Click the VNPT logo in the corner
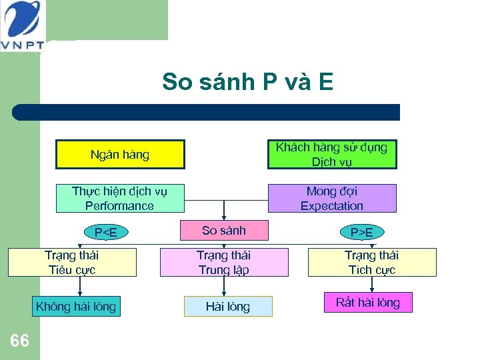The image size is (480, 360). click(21, 25)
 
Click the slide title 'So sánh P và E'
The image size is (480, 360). click(247, 82)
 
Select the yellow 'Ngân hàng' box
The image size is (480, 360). click(120, 155)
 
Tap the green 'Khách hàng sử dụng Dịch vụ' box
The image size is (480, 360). click(331, 155)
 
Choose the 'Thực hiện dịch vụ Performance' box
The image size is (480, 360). click(119, 199)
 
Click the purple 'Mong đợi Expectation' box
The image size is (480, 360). click(331, 199)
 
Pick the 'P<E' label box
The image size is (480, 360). click(105, 232)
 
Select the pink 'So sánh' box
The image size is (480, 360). click(224, 231)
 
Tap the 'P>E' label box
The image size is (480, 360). click(362, 232)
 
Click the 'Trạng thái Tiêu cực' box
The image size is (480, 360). click(72, 262)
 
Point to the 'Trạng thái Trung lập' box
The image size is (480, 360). click(224, 262)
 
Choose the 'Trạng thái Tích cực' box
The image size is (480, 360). click(371, 262)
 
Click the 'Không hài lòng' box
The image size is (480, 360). click(76, 307)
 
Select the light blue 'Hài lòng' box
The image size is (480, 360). click(228, 307)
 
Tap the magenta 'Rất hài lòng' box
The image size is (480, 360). click(368, 303)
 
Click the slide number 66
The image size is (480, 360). click(20, 341)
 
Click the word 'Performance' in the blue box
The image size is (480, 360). click(119, 206)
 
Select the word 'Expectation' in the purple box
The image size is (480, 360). click(331, 206)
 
